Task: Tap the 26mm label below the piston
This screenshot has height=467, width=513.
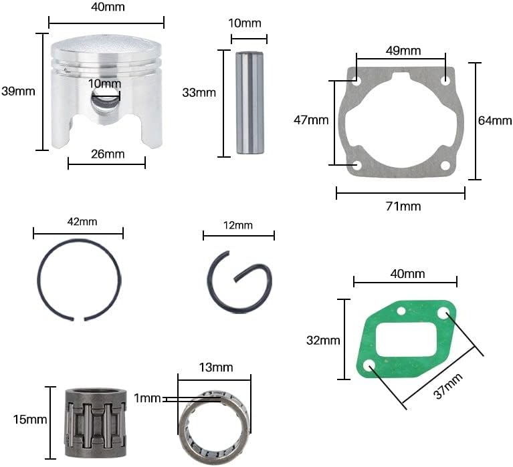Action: pos(107,154)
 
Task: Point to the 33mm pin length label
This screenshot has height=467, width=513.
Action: pos(199,93)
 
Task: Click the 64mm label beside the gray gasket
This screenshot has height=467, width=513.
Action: pos(495,121)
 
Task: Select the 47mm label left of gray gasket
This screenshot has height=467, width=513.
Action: pos(311,120)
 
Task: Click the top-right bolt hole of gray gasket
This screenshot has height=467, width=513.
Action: pos(445,81)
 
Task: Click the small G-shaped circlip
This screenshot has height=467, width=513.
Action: pos(239,280)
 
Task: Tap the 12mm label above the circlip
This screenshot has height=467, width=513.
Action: pos(239,226)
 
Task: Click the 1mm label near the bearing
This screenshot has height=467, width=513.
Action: pos(147,398)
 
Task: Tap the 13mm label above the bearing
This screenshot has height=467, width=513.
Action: pos(215,367)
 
